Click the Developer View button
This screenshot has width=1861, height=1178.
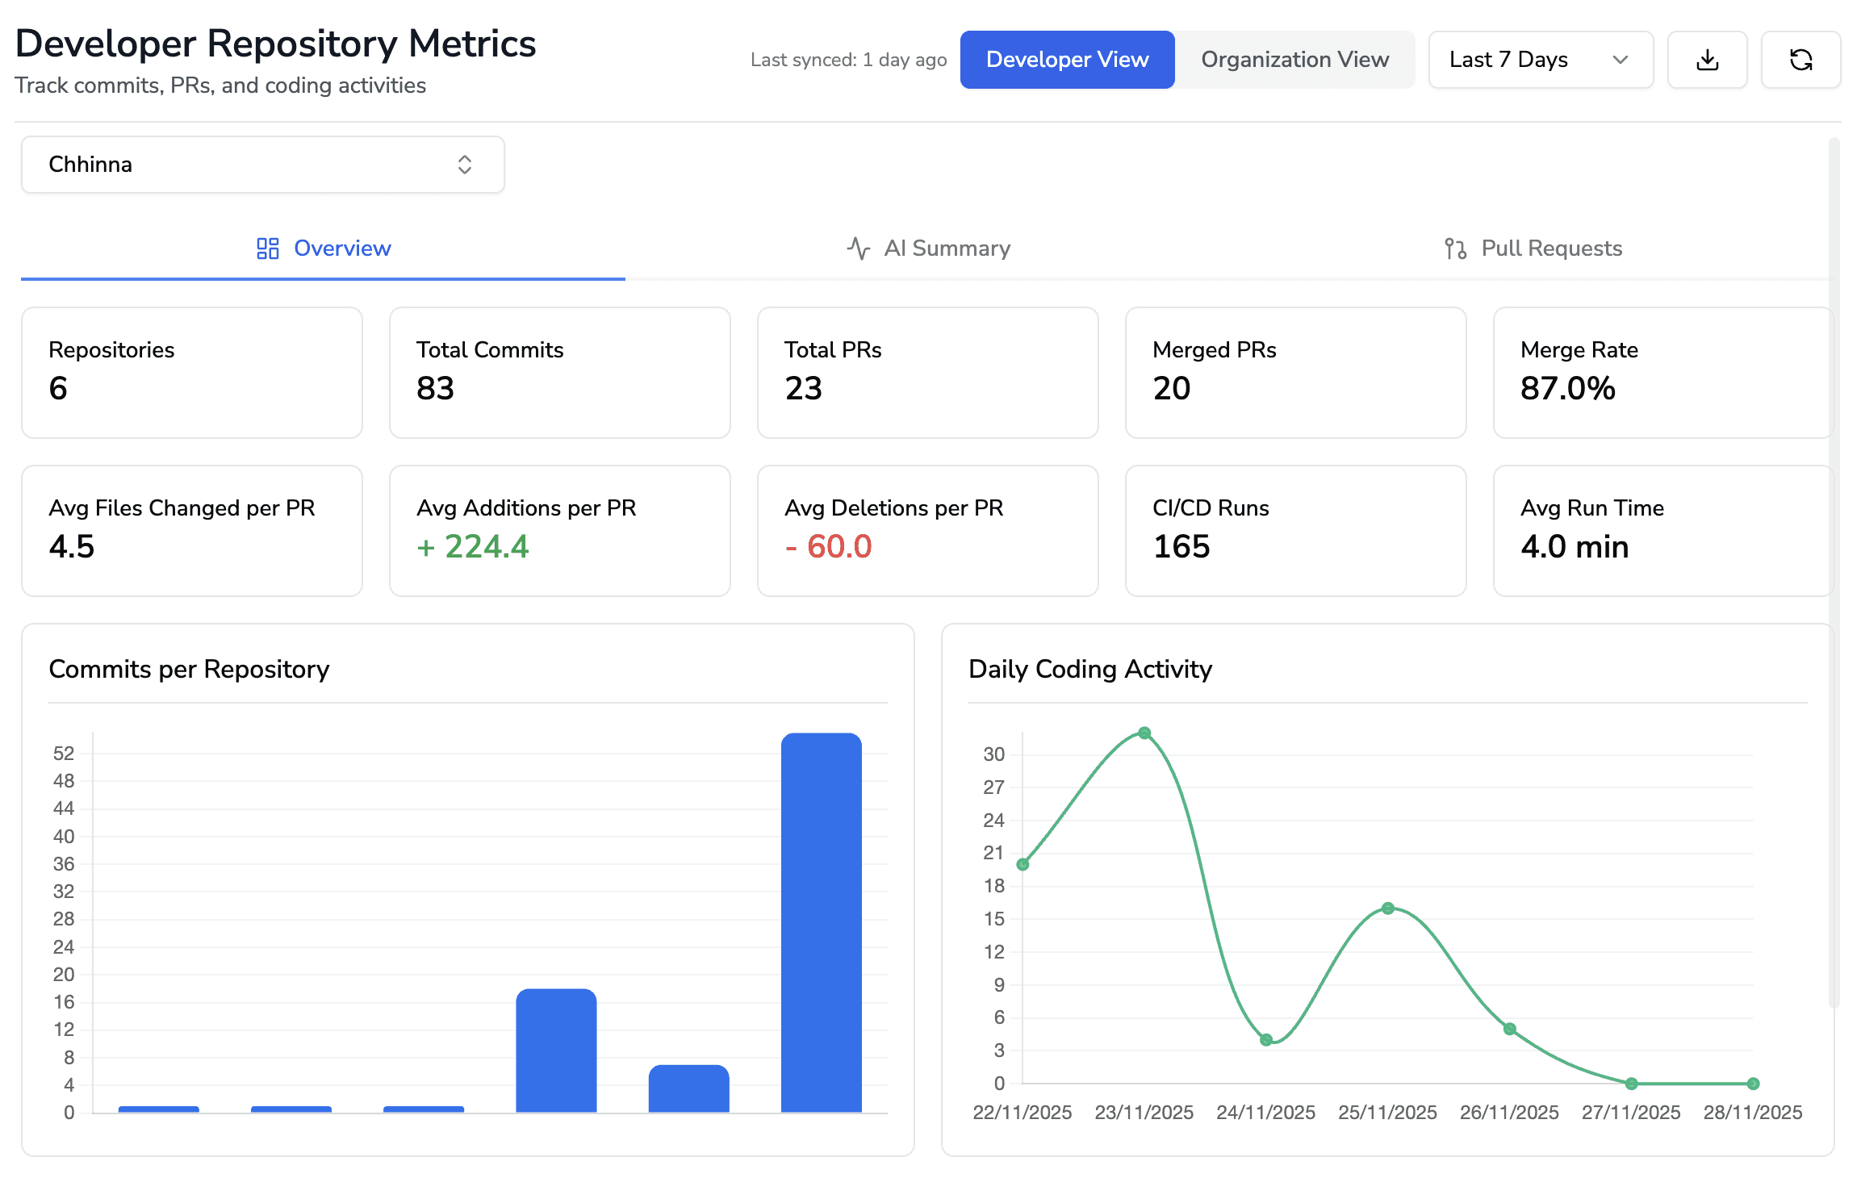click(1067, 60)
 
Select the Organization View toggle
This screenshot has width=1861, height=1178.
click(1294, 60)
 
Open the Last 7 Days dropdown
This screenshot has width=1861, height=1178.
click(1540, 60)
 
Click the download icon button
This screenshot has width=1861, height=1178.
click(1707, 60)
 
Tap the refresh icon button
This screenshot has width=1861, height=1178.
click(1800, 60)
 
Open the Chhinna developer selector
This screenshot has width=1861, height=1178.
click(262, 165)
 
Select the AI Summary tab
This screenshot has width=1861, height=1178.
click(928, 249)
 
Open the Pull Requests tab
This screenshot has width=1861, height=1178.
click(1533, 249)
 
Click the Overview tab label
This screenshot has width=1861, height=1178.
click(341, 249)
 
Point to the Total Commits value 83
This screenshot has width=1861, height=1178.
click(436, 389)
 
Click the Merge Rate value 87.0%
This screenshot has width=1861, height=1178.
click(1567, 389)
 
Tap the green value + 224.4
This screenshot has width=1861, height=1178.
click(473, 547)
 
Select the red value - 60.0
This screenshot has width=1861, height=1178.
click(828, 547)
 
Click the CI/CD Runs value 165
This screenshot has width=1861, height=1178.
click(1181, 547)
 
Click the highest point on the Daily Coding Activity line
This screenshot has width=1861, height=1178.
click(1144, 733)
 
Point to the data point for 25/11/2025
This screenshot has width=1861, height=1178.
click(1388, 909)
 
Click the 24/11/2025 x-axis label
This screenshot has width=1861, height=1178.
click(1265, 1113)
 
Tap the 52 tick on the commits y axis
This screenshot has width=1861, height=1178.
click(64, 754)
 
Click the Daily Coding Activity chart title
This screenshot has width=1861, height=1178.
click(1089, 670)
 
